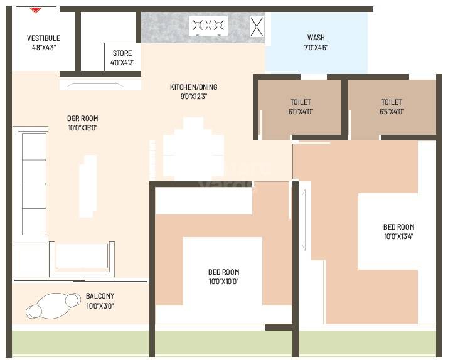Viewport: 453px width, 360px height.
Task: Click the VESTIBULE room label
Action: tap(43, 38)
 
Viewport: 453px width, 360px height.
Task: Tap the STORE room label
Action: tap(122, 53)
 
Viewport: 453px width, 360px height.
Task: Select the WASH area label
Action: tap(316, 38)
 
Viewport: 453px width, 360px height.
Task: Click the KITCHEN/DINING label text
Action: tap(193, 87)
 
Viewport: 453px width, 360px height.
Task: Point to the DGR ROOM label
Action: tap(82, 118)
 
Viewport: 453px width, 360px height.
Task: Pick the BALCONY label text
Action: tap(100, 296)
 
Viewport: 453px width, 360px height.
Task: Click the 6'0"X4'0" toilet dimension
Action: tap(301, 112)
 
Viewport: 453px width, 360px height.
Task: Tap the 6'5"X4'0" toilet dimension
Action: tap(392, 112)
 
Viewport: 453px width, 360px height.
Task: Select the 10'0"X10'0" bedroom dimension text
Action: tap(223, 282)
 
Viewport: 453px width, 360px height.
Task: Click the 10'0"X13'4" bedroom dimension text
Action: tap(398, 236)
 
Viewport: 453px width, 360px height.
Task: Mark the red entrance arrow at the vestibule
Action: tap(36, 10)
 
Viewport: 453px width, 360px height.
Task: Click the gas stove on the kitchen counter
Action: tap(208, 26)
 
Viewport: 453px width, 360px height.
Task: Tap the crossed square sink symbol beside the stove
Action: tap(257, 26)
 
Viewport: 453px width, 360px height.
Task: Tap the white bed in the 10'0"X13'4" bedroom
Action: tap(387, 231)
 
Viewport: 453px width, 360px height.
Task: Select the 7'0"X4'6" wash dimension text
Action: tap(316, 47)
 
